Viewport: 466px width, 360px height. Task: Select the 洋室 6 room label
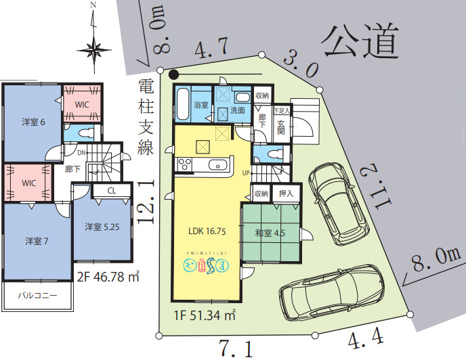pos(33,122)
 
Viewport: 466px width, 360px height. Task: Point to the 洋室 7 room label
pos(37,241)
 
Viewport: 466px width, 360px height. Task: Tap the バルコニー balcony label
pos(37,296)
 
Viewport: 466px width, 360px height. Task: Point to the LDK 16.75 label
pos(207,229)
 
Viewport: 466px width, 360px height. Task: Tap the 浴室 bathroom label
pos(201,105)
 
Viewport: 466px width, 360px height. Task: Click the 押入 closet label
pos(286,194)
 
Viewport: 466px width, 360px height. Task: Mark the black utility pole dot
pos(174,74)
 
